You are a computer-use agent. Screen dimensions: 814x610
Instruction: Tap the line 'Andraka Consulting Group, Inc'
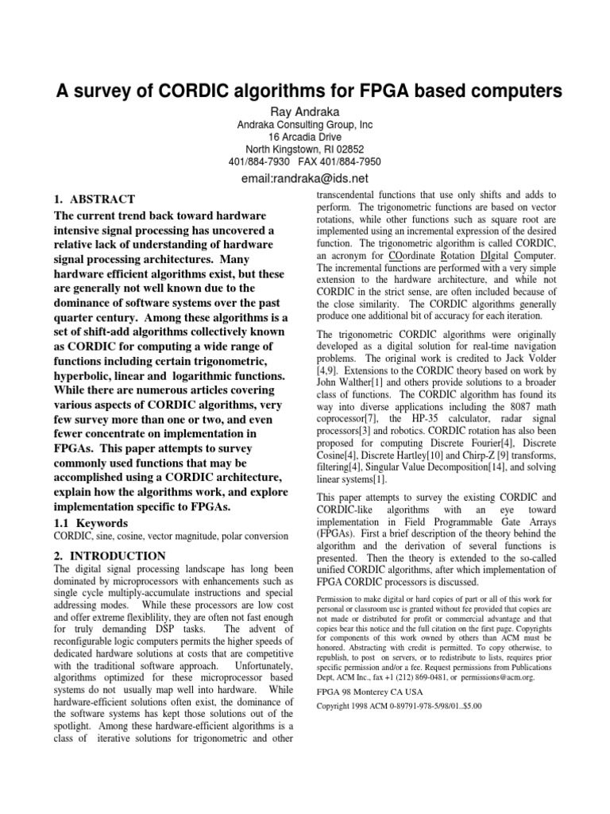[x=305, y=125]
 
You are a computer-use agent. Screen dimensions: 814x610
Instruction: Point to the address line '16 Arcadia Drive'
[x=305, y=137]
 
